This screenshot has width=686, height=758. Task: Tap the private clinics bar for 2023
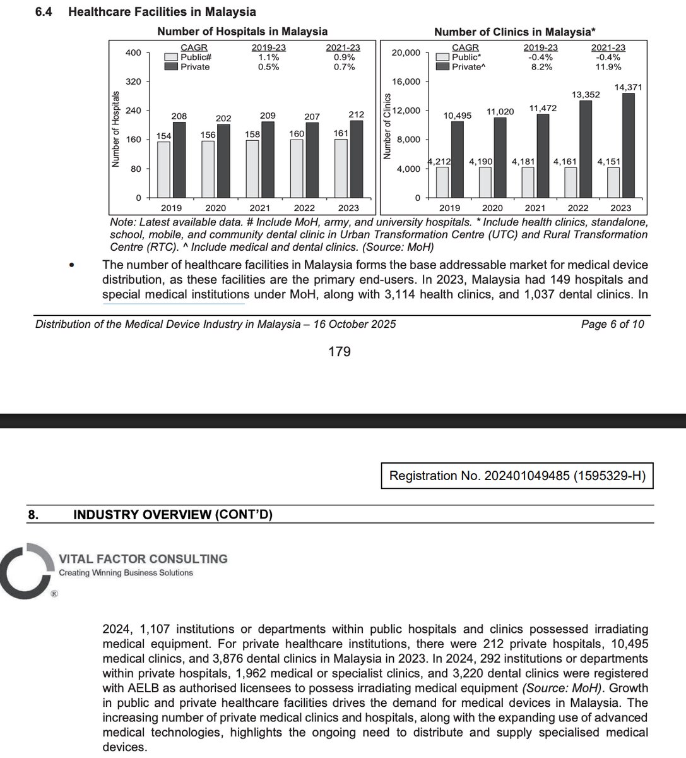pos(629,146)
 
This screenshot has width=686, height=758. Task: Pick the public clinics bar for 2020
pos(485,183)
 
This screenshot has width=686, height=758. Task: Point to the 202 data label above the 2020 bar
pos(223,118)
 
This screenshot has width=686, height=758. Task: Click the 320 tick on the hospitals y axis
pos(133,81)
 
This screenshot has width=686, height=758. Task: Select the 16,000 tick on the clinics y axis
pos(406,81)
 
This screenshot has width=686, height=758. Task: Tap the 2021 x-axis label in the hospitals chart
pos(259,208)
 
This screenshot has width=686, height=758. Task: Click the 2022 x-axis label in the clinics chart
pos(578,208)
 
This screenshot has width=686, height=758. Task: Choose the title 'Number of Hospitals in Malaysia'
pos(242,31)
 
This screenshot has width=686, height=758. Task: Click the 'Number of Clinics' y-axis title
pos(387,126)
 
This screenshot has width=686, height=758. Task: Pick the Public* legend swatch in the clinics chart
pos(442,57)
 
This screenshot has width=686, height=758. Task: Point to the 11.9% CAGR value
pos(608,67)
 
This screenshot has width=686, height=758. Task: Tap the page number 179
pos(340,351)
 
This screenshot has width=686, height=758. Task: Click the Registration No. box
pos(517,476)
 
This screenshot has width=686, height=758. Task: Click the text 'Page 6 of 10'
pos(612,324)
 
